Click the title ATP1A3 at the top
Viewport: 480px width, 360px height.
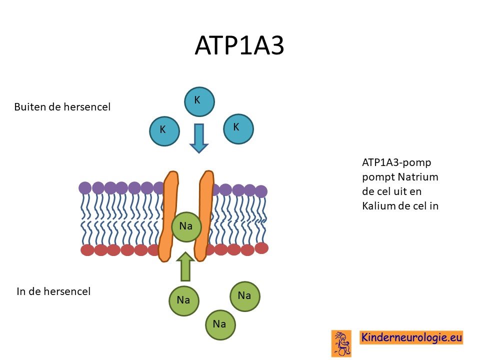239,45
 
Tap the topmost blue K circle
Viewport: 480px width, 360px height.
199,101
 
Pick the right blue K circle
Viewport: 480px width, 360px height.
238,129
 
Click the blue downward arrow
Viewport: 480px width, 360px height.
199,138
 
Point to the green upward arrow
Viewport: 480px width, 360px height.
185,266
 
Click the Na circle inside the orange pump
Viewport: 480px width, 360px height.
186,226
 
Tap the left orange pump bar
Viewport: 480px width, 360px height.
168,216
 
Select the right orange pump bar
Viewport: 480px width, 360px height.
205,216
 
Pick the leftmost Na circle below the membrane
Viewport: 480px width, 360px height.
183,301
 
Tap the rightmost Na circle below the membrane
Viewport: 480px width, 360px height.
245,296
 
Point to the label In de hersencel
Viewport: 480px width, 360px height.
53,291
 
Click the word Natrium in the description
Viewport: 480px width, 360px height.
418,177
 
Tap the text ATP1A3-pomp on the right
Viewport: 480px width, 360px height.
396,162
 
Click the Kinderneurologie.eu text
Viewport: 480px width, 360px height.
411,337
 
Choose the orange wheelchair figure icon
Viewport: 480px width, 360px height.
341,343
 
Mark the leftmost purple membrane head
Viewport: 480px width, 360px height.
85,188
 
